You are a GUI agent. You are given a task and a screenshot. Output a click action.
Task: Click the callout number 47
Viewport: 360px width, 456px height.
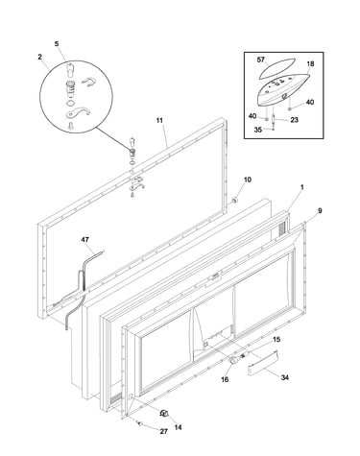85,240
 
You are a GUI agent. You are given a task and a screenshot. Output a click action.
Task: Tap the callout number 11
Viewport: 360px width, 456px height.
159,120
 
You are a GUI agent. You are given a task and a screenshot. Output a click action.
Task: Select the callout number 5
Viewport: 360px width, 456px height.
57,44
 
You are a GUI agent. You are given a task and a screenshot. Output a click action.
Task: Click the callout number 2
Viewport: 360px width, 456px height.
39,57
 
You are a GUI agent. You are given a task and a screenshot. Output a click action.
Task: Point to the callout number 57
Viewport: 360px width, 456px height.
261,60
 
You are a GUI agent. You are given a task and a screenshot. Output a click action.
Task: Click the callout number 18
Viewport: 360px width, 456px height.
310,63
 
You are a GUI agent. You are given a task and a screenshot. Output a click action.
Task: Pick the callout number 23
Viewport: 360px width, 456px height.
294,120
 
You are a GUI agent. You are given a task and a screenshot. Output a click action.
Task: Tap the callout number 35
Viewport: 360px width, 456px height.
258,130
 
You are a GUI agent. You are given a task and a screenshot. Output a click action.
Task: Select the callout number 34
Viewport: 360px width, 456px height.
285,377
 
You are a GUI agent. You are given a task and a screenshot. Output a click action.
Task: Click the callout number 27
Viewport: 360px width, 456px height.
164,431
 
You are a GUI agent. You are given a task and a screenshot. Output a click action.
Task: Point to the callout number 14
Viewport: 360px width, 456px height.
179,427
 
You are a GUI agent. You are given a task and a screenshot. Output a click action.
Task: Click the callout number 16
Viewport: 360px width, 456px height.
225,379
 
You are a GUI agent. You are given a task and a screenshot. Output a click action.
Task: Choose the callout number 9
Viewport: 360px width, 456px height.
320,210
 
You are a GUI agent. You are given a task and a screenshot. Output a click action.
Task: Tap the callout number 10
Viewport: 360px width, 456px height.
248,180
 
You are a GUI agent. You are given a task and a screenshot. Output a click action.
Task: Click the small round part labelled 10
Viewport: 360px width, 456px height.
235,201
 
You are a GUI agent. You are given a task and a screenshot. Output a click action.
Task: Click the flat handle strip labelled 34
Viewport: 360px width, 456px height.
263,363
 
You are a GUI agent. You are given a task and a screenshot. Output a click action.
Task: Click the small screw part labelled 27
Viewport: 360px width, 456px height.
139,423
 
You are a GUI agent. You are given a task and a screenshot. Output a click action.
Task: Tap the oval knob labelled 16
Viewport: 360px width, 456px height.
233,360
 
